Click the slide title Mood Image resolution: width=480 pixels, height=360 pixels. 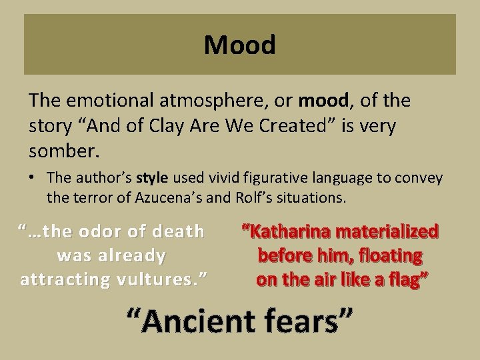[x=239, y=45]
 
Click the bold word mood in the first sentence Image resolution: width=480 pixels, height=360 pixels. [x=323, y=101]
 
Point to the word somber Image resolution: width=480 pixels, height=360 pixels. [x=64, y=151]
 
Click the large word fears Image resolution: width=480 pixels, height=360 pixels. [x=306, y=322]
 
